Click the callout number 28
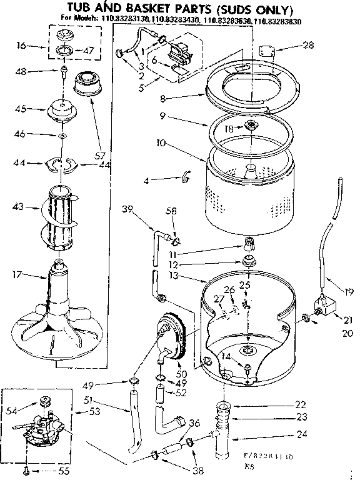pyautogui.click(x=308, y=44)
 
